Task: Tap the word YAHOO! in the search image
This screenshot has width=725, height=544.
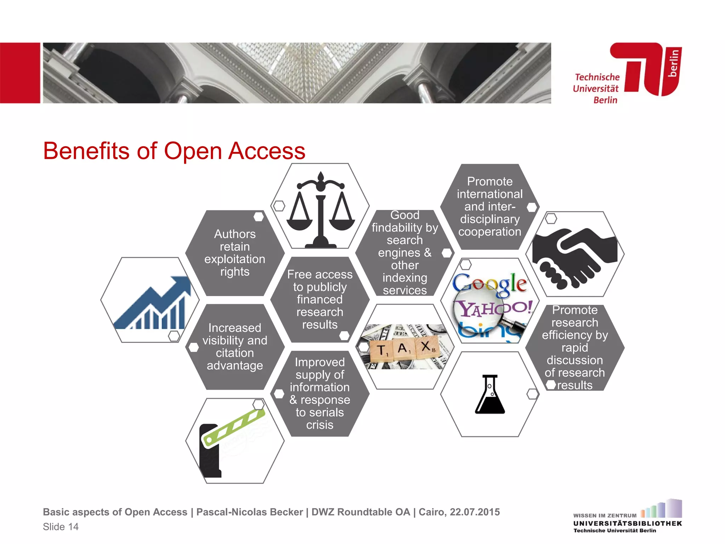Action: pyautogui.click(x=494, y=308)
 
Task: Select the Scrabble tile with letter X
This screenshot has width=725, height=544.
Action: pyautogui.click(x=427, y=346)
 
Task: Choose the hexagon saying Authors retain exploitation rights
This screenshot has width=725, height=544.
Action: pyautogui.click(x=235, y=253)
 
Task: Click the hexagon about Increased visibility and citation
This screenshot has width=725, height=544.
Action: pyautogui.click(x=235, y=346)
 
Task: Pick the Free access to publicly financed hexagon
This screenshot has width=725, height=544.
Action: pyautogui.click(x=320, y=299)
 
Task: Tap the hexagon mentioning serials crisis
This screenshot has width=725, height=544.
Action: pyautogui.click(x=320, y=393)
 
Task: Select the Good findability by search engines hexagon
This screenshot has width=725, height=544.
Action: pyautogui.click(x=405, y=253)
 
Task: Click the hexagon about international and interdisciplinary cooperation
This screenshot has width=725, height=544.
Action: pyautogui.click(x=490, y=206)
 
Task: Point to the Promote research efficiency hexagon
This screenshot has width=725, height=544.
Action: pyautogui.click(x=575, y=347)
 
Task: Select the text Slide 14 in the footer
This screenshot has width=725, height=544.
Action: pyautogui.click(x=61, y=527)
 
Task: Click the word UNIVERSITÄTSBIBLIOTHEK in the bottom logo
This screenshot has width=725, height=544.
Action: pyautogui.click(x=627, y=523)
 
